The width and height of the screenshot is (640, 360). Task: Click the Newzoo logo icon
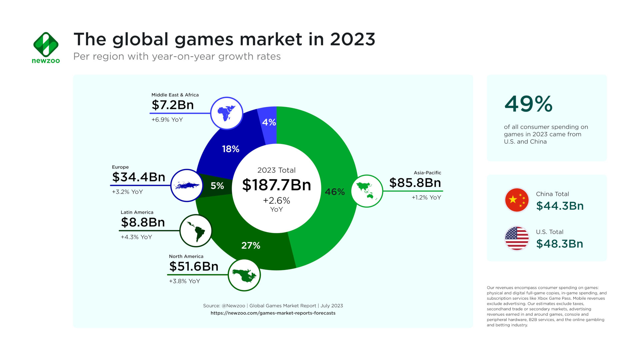point(46,44)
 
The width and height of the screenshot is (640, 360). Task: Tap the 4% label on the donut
point(269,122)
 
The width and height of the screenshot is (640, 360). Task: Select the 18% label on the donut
point(231,149)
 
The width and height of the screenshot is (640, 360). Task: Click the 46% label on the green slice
point(335,192)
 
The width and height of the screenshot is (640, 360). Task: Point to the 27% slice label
point(251,246)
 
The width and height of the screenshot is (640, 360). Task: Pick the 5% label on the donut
point(217,186)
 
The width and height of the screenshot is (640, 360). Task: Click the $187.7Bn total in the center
point(276,185)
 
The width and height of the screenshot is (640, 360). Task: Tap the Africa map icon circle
point(227,113)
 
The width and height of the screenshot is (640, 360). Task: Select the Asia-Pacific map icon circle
point(367,191)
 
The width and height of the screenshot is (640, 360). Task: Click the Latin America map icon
point(196,230)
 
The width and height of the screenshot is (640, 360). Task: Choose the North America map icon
point(244,275)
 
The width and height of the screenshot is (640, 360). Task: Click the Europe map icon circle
point(187,185)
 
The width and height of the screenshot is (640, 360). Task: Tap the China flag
point(517,200)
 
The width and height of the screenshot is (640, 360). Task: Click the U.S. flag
point(517,238)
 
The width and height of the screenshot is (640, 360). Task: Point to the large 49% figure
point(528,104)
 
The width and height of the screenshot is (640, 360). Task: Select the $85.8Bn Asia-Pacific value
point(415,183)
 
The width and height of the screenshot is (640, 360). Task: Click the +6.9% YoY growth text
point(167,120)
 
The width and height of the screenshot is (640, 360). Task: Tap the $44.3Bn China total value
point(560,206)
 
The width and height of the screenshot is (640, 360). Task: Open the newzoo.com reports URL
point(273,313)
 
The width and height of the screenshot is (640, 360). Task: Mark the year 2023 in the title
point(352,39)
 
